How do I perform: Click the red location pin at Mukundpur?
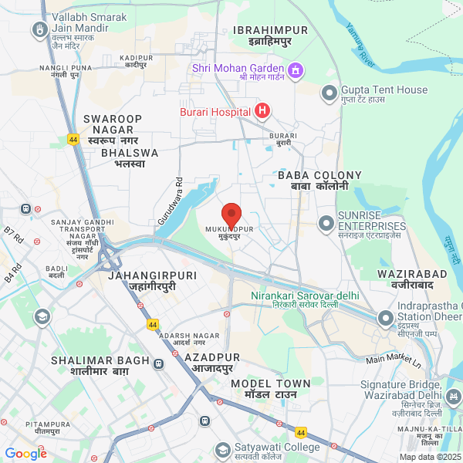[231, 215]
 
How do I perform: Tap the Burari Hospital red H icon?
[262, 112]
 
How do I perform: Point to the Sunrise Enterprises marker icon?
[326, 224]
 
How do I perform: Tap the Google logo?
[25, 454]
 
